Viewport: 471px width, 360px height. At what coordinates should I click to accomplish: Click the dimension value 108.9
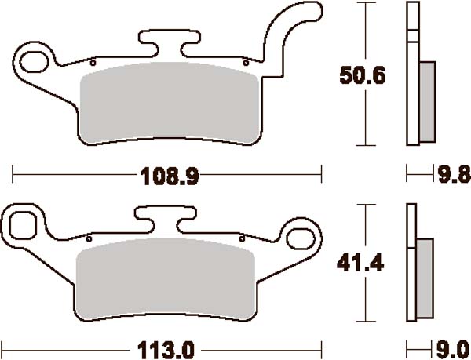click(167, 176)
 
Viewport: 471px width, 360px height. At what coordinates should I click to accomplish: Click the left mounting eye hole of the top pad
click(35, 59)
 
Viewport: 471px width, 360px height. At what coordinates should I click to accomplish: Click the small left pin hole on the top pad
click(93, 62)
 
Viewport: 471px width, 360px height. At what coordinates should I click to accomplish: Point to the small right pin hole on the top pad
click(246, 61)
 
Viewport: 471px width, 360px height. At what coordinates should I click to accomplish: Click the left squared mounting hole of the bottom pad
click(24, 224)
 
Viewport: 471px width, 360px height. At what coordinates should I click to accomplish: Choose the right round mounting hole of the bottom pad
click(303, 235)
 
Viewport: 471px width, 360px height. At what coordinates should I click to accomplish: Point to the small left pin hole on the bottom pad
click(89, 238)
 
